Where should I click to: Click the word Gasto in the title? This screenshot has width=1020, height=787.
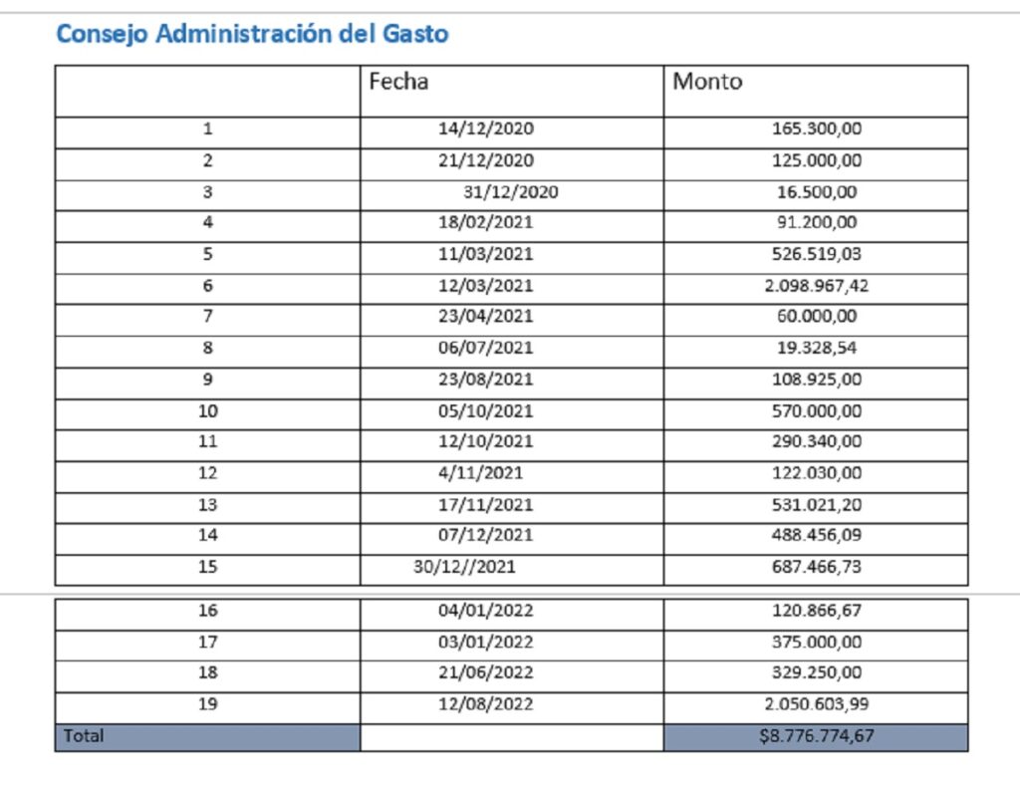[415, 34]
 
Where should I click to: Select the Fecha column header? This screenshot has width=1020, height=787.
[398, 82]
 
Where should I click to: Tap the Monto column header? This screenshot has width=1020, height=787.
[707, 82]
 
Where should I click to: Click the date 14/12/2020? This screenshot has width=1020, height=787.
[485, 129]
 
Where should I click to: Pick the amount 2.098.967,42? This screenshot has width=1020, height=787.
[817, 286]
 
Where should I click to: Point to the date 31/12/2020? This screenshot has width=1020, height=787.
[511, 192]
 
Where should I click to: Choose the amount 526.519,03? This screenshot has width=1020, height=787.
[817, 254]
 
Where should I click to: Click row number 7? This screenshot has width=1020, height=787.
[207, 316]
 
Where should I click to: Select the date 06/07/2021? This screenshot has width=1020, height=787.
[485, 348]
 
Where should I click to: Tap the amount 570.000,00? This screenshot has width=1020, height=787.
[817, 411]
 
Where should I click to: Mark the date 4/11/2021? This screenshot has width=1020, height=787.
[480, 473]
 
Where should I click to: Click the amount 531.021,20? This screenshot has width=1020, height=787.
[817, 505]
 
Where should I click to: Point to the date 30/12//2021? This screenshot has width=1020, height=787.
[464, 567]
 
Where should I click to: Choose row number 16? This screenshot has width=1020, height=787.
[207, 610]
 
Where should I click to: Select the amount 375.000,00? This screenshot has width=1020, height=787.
[817, 642]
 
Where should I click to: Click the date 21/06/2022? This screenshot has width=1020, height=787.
[485, 671]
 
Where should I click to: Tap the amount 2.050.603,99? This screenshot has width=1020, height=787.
[817, 703]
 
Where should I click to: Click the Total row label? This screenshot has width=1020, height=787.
[84, 735]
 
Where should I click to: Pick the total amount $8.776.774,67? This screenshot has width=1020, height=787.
[816, 735]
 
